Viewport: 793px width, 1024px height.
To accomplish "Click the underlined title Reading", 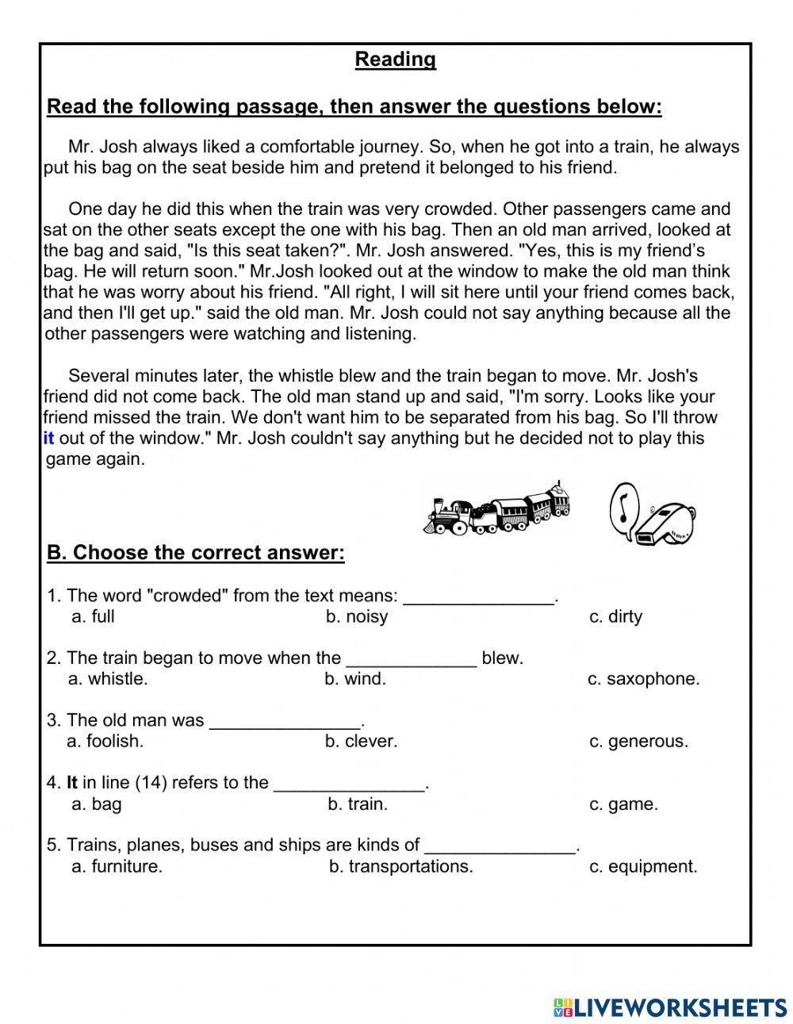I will (x=395, y=59).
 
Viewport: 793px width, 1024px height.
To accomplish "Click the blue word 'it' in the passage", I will (x=48, y=438).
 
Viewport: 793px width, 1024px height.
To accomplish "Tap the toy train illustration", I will (x=498, y=510).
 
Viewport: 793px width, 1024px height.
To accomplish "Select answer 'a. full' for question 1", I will (x=93, y=616).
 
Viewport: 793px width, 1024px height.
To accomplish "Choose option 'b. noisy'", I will (x=356, y=616).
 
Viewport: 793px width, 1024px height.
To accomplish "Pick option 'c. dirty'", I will (x=615, y=616).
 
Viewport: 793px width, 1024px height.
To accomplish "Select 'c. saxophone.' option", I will (x=643, y=679).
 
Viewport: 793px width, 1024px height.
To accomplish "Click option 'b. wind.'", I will (x=354, y=679).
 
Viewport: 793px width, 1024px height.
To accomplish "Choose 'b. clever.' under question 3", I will (x=361, y=742).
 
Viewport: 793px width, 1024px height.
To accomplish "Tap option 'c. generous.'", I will (x=638, y=742).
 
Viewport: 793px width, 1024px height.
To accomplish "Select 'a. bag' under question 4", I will (x=96, y=804).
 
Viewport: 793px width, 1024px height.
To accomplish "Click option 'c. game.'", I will (x=623, y=804).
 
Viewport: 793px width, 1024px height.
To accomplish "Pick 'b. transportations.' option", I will (x=400, y=867).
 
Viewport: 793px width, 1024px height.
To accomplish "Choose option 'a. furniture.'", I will (x=117, y=867).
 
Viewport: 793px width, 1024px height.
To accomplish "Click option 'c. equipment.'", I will (x=643, y=867).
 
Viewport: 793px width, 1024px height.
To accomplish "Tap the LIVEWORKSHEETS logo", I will (x=670, y=1007).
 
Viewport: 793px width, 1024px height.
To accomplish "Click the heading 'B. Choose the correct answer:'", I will (x=196, y=553).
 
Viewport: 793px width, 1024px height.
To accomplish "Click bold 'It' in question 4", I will (x=71, y=783).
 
